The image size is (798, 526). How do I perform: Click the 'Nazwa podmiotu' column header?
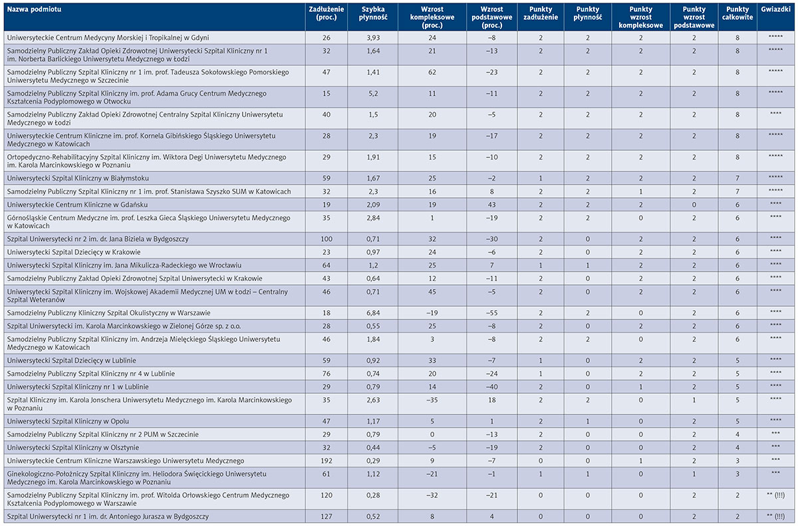coord(34,9)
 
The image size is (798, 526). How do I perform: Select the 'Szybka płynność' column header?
coord(373,13)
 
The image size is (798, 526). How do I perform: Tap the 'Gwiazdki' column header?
coord(775,9)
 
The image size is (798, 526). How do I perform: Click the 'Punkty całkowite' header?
coord(737,13)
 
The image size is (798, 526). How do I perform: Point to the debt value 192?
coord(327,461)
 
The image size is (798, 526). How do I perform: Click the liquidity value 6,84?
coord(373,313)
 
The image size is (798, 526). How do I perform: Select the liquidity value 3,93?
coord(373,38)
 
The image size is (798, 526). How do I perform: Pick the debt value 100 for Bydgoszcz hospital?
coord(327,239)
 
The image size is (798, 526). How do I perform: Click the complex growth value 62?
coord(432,72)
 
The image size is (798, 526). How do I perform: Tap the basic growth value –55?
coord(491,313)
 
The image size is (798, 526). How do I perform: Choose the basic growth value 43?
coord(491,205)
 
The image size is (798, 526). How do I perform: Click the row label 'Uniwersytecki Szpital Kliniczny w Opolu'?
coord(68,421)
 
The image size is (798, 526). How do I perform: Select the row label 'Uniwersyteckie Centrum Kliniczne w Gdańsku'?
coord(77,205)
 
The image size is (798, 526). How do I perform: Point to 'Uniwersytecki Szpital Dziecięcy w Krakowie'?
coord(74,252)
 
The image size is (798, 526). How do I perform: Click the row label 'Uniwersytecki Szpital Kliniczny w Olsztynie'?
coord(73,448)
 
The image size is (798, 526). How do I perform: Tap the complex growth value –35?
coord(432,400)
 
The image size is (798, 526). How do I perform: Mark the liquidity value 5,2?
coord(373,94)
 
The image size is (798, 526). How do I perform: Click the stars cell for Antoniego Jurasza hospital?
coord(775,517)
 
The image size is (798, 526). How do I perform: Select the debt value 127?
coord(327,517)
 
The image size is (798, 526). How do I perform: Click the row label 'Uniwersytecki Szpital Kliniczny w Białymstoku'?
coord(78,178)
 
